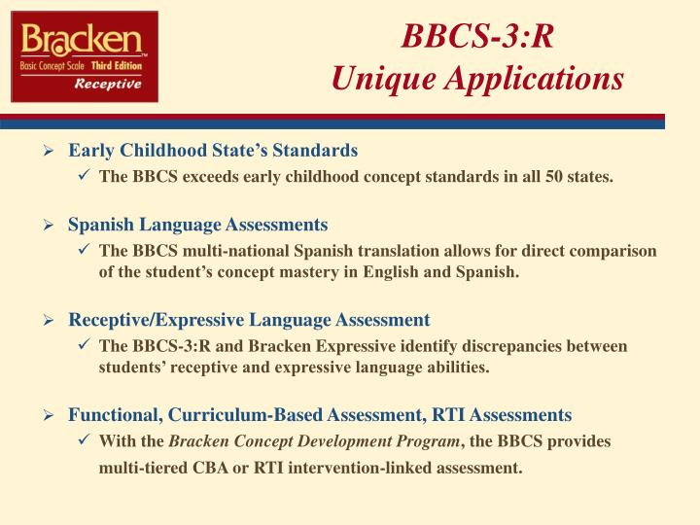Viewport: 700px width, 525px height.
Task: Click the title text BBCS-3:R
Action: (x=478, y=39)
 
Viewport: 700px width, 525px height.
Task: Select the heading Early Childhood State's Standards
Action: (x=213, y=151)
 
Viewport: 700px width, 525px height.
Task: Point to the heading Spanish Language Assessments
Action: (x=197, y=225)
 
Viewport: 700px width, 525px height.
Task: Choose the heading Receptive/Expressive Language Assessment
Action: (x=249, y=320)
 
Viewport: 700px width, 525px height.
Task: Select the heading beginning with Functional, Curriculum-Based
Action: (x=320, y=415)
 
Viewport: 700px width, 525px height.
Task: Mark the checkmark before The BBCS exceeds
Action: (x=85, y=177)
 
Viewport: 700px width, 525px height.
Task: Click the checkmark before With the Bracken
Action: (x=85, y=441)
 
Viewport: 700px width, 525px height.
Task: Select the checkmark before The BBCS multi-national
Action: (x=85, y=251)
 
